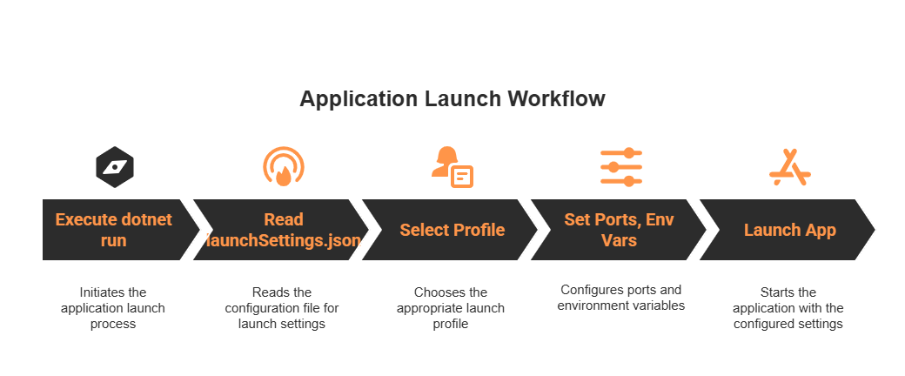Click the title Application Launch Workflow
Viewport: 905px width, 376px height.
(452, 98)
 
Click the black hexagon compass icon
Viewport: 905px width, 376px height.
(114, 167)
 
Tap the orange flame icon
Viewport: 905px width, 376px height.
(283, 167)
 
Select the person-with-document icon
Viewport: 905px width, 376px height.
(452, 166)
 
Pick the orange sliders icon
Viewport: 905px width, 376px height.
(620, 166)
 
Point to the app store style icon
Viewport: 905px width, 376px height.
(789, 167)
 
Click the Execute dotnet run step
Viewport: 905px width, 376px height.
(113, 230)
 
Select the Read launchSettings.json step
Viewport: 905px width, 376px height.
(283, 230)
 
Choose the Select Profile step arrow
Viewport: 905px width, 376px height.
(452, 230)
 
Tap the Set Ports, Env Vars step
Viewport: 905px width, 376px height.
(620, 230)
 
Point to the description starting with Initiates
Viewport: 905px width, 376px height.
(113, 308)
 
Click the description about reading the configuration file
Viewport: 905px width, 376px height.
(282, 308)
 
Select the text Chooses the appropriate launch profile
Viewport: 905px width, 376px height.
(451, 308)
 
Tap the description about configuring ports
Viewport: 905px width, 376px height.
(620, 298)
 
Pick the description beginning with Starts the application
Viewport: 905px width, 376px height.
(788, 308)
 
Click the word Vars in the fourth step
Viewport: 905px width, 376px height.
(619, 239)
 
